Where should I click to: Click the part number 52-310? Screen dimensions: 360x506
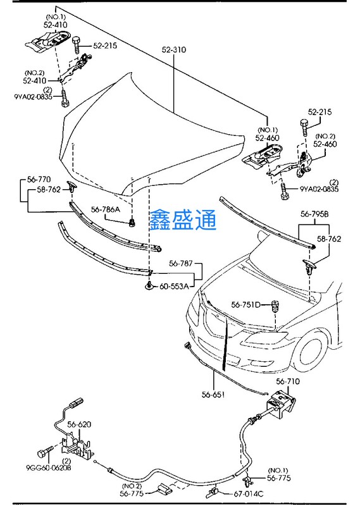174,50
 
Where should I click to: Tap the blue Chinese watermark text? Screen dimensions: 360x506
183,220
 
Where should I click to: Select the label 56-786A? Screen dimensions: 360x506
106,210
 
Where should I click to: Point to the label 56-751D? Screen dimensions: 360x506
245,304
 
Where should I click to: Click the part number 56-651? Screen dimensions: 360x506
213,394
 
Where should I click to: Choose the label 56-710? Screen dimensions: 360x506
288,381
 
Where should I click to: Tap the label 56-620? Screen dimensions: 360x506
80,424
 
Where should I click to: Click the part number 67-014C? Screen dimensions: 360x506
249,494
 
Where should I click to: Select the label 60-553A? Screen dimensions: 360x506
174,287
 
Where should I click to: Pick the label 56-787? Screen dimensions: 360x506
181,264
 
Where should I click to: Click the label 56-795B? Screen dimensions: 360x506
314,214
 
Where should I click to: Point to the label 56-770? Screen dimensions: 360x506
39,180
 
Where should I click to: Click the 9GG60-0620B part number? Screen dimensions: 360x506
49,467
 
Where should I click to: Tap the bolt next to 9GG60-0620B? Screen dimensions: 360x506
45,453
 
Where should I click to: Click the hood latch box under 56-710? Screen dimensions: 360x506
280,403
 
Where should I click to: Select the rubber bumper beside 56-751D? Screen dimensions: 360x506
275,306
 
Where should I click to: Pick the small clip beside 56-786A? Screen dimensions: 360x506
132,223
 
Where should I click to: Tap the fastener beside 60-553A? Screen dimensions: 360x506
149,286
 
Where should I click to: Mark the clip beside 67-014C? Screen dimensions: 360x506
212,493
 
